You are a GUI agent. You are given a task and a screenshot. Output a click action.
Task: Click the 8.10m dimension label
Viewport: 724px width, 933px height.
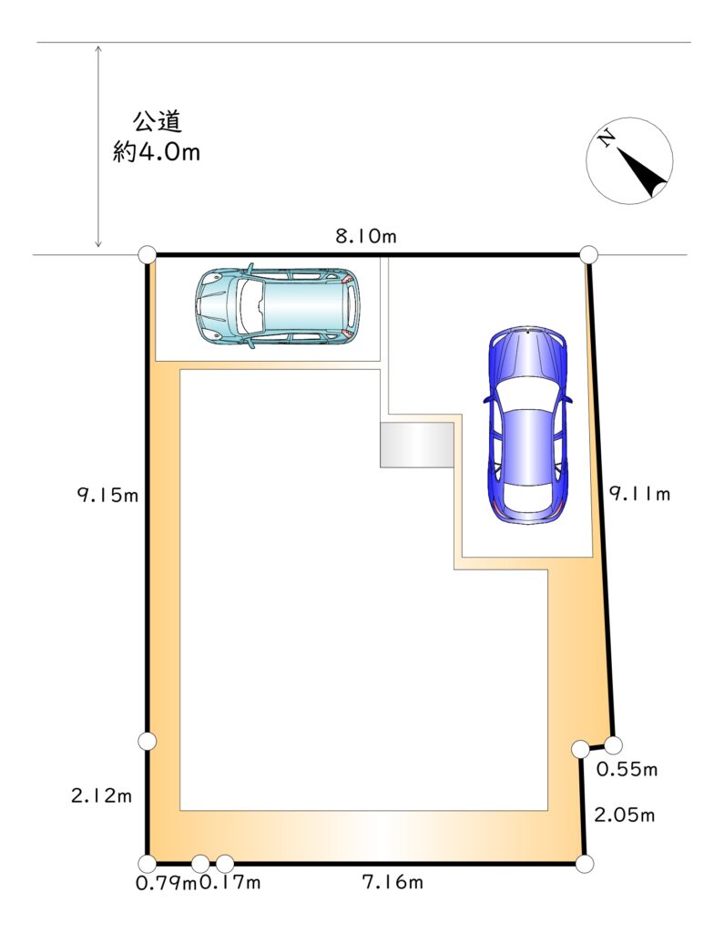click(x=365, y=236)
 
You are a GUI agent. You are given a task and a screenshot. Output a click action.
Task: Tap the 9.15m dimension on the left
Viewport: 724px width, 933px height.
click(x=107, y=495)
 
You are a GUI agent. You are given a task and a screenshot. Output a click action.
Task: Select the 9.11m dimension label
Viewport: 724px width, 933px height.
click(x=639, y=494)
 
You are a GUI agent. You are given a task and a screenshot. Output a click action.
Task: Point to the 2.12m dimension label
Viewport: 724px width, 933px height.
click(x=101, y=795)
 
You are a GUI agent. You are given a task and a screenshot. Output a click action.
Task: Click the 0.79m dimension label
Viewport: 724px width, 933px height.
click(x=166, y=883)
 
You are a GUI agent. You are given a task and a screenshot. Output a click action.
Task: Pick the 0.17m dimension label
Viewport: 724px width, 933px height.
click(x=229, y=882)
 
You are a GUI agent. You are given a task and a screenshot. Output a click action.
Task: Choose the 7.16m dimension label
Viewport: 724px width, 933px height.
click(x=393, y=882)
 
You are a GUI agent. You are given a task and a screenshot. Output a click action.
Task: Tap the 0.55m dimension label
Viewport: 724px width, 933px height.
click(x=627, y=769)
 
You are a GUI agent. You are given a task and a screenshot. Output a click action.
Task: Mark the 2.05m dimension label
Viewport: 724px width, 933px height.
click(x=625, y=815)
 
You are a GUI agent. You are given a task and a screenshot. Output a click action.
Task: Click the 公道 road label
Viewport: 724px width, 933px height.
click(x=157, y=122)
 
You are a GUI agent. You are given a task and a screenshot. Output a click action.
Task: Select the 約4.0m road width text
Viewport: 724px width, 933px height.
click(x=157, y=152)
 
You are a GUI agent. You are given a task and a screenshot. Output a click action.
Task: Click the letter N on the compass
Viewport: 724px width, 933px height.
click(x=607, y=139)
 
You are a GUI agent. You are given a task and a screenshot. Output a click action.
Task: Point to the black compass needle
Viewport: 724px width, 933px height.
click(x=643, y=172)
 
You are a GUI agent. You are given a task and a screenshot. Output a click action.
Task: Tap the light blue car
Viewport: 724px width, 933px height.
click(x=277, y=307)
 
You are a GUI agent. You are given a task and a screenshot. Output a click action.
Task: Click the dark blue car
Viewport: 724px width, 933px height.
click(x=527, y=425)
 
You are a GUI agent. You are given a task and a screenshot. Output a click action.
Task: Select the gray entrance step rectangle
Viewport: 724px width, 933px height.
click(x=417, y=445)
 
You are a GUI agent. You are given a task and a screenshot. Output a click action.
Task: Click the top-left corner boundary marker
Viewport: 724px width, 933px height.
click(x=147, y=255)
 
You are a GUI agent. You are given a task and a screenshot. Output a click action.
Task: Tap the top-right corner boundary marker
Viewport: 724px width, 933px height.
click(x=588, y=255)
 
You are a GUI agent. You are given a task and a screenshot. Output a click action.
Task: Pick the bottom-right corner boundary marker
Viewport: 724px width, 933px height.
click(x=584, y=864)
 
